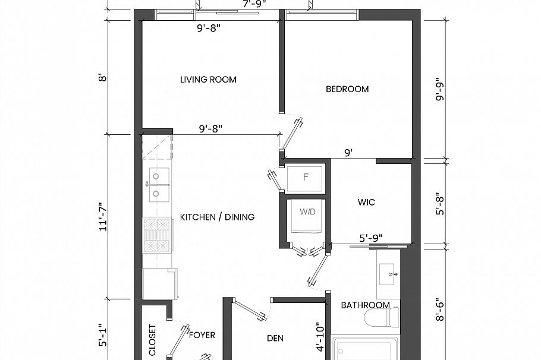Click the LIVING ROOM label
[x=208, y=80]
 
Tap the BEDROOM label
[x=347, y=89]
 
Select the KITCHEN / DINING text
[x=217, y=217]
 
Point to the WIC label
[x=366, y=203]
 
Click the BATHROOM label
[x=365, y=305]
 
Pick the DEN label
[x=275, y=339]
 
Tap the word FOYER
[x=202, y=335]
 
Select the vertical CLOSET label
[x=152, y=340]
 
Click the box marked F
[x=305, y=178]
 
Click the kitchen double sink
[x=158, y=184]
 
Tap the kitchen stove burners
[x=158, y=235]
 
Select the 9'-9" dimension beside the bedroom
[x=441, y=90]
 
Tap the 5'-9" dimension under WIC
[x=371, y=238]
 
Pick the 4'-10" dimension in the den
[x=322, y=337]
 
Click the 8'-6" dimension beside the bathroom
[x=441, y=310]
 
